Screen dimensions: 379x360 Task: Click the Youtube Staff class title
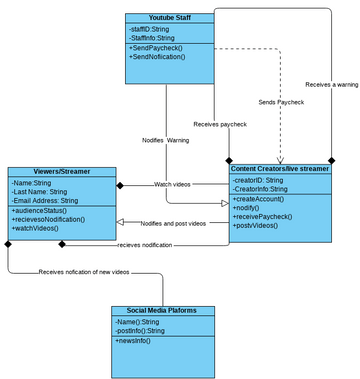pyautogui.click(x=169, y=18)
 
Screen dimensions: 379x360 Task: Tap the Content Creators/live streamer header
pyautogui.click(x=279, y=169)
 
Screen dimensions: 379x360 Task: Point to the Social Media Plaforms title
pyautogui.click(x=162, y=310)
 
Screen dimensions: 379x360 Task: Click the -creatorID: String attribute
pyautogui.click(x=258, y=180)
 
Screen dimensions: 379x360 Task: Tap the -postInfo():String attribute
pyautogui.click(x=140, y=330)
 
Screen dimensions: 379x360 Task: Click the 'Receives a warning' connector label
pyautogui.click(x=331, y=84)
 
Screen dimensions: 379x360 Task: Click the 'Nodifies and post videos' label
pyautogui.click(x=173, y=222)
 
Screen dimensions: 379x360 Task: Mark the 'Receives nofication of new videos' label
pyautogui.click(x=84, y=272)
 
